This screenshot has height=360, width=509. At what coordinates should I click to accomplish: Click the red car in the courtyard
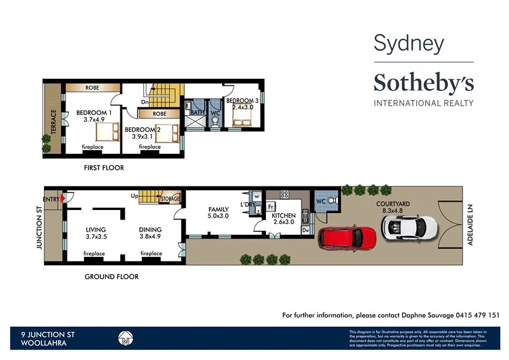(x=348, y=237)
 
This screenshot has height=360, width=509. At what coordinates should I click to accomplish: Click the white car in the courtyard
(x=408, y=225)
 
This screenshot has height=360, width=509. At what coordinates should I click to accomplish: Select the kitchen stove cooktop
(x=285, y=195)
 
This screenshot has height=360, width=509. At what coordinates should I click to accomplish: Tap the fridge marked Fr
(x=270, y=207)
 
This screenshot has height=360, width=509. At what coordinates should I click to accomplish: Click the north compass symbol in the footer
(x=125, y=338)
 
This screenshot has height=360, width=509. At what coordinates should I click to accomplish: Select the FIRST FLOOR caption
(x=104, y=168)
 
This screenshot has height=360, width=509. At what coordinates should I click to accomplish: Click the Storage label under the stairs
(x=170, y=198)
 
